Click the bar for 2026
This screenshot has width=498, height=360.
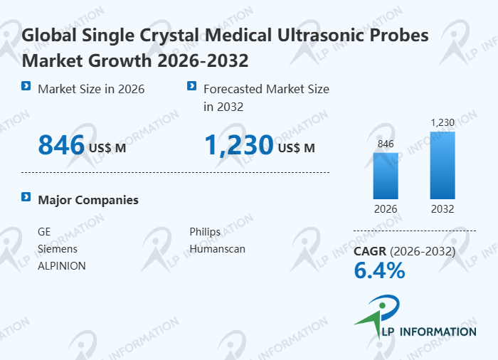[386, 176]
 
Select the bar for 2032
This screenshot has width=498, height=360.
[442, 165]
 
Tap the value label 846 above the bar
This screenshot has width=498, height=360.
[386, 144]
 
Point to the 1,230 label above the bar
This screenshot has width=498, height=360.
[443, 122]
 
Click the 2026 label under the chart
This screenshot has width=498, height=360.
[386, 209]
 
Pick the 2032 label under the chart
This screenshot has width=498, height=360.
[442, 209]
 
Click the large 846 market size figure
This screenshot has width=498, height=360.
[61, 146]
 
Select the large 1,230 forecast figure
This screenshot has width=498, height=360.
[239, 146]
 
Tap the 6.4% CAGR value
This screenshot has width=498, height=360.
[379, 270]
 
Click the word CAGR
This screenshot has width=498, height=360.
[371, 251]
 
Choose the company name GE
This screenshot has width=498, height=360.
[44, 233]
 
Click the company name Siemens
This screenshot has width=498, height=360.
[58, 249]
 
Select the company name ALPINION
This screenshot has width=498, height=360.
[62, 265]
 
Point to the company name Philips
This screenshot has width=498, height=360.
[205, 233]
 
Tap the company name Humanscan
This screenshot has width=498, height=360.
[217, 249]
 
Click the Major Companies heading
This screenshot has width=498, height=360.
[88, 200]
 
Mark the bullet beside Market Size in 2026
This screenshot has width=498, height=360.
[26, 86]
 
